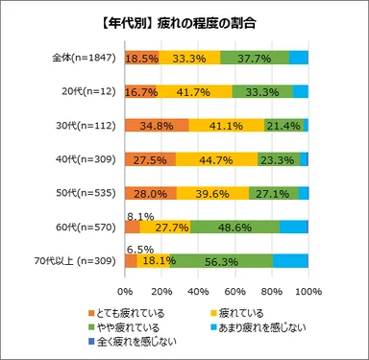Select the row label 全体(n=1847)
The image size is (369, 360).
click(82, 57)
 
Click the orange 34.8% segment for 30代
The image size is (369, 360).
click(157, 125)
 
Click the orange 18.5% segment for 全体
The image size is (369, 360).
click(141, 58)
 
